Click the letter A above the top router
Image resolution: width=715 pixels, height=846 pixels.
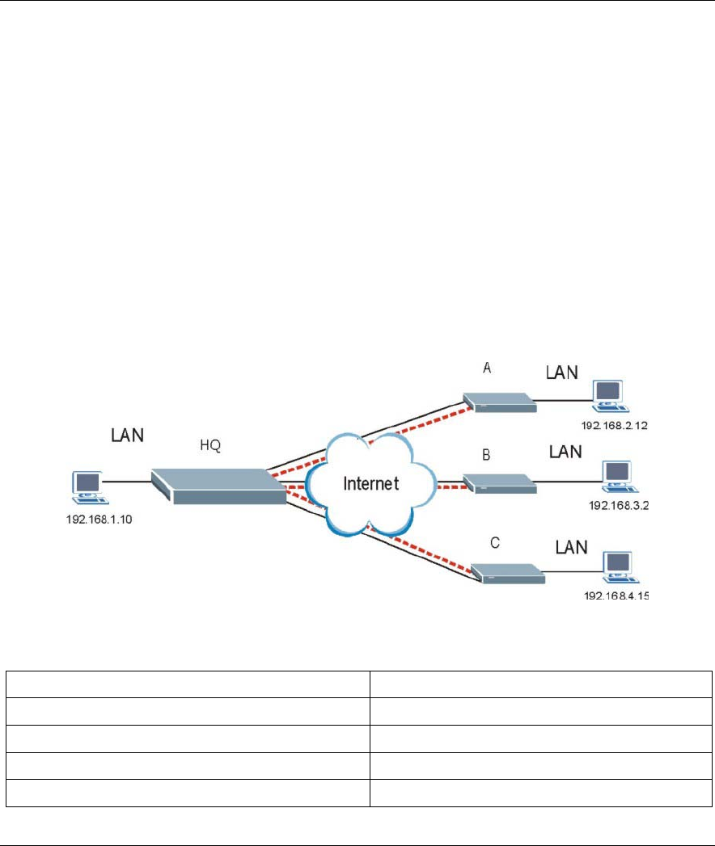click(x=487, y=368)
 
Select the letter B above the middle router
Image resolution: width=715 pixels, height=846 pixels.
click(x=486, y=455)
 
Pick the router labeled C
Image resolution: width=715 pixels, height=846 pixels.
click(x=507, y=572)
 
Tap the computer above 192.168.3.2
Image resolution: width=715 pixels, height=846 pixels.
click(x=616, y=474)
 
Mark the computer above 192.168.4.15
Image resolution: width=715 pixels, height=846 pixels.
click(x=616, y=564)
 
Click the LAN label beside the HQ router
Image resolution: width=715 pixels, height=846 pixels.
click(x=127, y=435)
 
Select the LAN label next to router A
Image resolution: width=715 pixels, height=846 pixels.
click(x=562, y=372)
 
